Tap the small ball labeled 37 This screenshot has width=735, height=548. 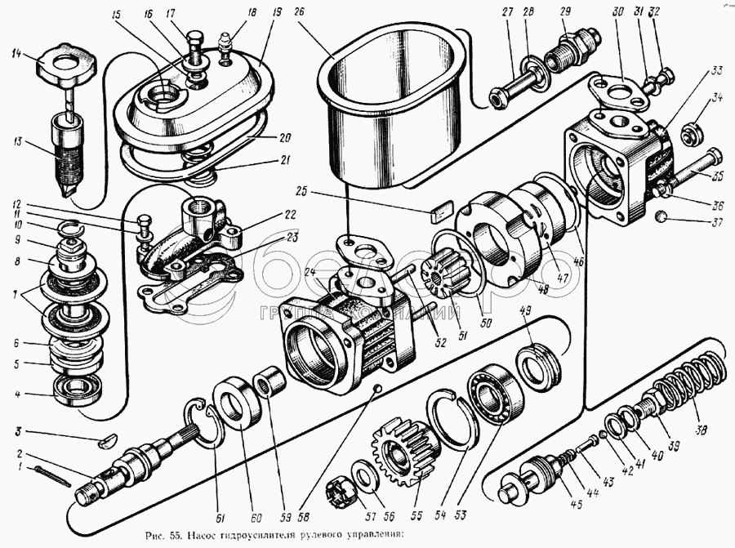pyautogui.click(x=660, y=218)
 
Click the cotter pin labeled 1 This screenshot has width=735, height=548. pyautogui.click(x=50, y=473)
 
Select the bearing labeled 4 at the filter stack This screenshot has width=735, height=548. pyautogui.click(x=75, y=392)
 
